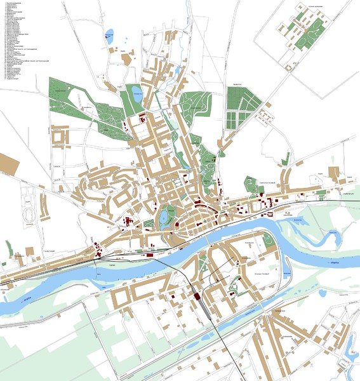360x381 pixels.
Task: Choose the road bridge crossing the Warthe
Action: point(209,240)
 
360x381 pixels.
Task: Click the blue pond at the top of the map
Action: point(110,33)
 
